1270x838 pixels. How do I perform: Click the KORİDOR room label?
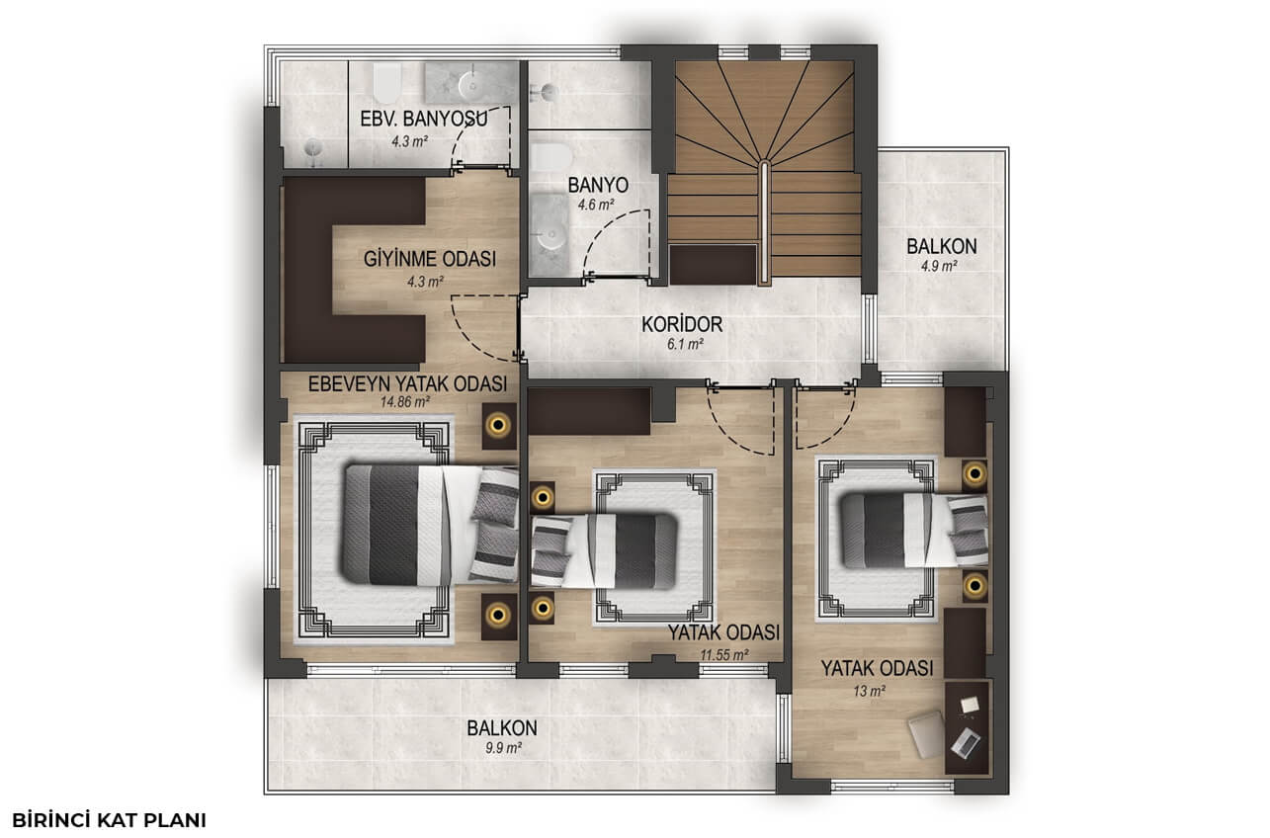[x=682, y=325]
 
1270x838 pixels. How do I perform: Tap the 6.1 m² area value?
[x=686, y=344]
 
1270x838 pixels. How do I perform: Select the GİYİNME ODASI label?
[x=430, y=259]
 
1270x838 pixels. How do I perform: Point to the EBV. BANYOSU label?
[x=424, y=119]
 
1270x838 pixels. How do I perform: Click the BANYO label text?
[x=598, y=186]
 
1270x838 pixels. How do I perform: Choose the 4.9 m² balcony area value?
[x=940, y=266]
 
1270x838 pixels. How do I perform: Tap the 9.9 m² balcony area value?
[x=503, y=748]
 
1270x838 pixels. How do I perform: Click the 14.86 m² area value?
[x=405, y=402]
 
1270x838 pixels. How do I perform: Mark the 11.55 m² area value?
[x=724, y=655]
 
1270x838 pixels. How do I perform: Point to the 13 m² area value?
[x=870, y=692]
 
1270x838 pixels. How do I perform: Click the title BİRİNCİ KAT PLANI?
[x=109, y=820]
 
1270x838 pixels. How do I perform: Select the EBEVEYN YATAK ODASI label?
[x=407, y=384]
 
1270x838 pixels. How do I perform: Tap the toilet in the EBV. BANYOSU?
[x=387, y=83]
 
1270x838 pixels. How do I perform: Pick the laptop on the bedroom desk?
[x=967, y=743]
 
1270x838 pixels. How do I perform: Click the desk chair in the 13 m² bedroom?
[x=927, y=735]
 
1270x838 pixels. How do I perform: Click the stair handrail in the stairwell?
[x=765, y=222]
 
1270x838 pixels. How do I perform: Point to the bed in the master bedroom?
[x=431, y=525]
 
